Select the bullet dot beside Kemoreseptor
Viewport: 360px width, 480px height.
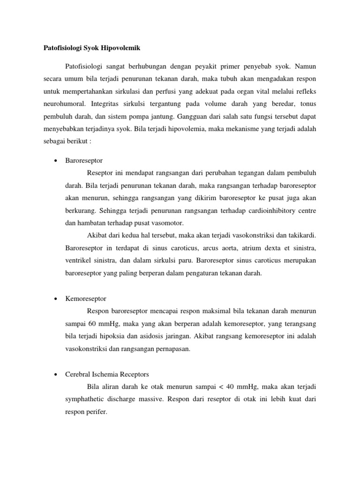pos(56,298)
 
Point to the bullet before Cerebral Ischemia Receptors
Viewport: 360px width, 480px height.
pos(56,374)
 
